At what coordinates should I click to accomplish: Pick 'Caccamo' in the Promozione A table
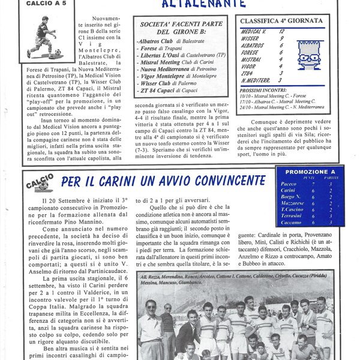click(292, 221)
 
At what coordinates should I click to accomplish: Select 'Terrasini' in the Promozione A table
click(293, 214)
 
